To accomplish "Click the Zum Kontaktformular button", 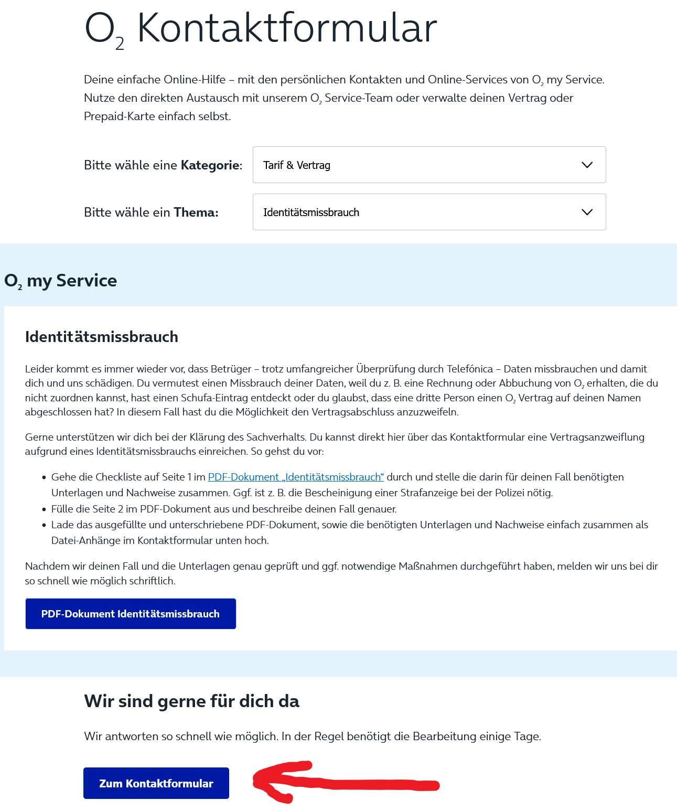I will click(156, 783).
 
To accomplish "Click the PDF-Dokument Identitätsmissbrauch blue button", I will click(131, 614).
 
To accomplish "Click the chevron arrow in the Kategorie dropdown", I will click(587, 165).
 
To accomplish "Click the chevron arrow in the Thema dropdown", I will click(587, 212).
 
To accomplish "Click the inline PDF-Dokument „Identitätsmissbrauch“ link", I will click(296, 477).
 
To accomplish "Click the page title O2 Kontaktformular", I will click(261, 29).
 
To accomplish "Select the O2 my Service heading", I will click(61, 281).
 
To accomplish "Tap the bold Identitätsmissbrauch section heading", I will click(102, 337).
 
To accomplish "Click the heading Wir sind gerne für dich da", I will click(191, 701).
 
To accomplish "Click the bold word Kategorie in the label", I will click(211, 166).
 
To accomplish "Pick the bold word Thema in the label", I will click(196, 213).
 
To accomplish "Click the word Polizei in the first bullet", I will click(512, 493).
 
